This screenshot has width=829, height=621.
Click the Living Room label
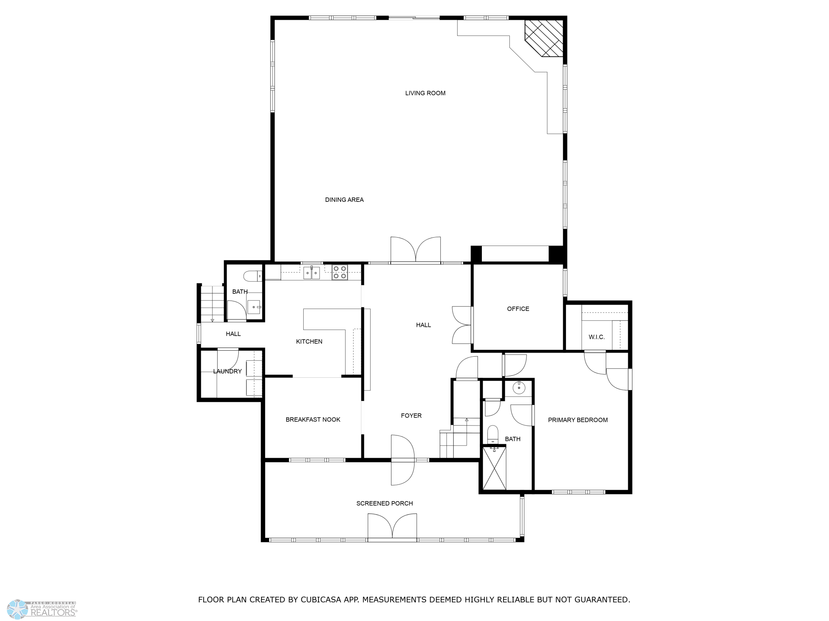[425, 93]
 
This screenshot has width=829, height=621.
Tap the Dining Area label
[344, 200]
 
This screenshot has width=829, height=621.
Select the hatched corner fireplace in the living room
[544, 38]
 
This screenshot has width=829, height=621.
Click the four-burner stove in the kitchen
[340, 272]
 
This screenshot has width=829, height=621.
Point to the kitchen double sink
[312, 273]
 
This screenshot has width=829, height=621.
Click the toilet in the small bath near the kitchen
[252, 275]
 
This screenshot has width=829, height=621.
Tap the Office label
[518, 309]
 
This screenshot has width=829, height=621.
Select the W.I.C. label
[597, 337]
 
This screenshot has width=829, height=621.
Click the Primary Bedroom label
[578, 420]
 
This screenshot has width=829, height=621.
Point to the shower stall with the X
[494, 469]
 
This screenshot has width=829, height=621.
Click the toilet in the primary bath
[493, 434]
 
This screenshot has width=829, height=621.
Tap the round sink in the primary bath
[519, 388]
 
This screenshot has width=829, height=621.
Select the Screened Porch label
[385, 504]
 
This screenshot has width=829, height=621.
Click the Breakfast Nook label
[313, 420]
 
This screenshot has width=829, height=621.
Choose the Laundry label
[228, 371]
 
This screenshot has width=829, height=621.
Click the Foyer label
[411, 416]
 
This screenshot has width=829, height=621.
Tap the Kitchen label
[309, 342]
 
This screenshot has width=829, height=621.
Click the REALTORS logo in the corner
[42, 609]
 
